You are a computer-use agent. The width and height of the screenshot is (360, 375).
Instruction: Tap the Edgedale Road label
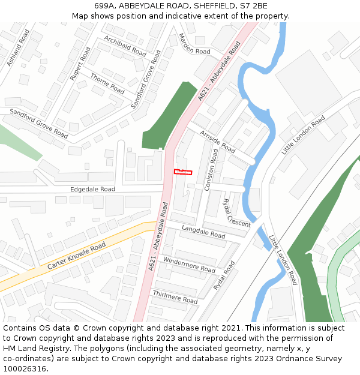click(x=92, y=189)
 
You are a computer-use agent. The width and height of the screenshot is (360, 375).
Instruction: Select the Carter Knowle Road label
click(x=77, y=255)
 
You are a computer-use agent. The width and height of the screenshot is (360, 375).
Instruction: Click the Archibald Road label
click(x=125, y=46)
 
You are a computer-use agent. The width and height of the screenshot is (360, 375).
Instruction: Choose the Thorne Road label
click(x=107, y=83)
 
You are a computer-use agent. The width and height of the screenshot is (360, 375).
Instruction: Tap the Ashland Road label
click(x=18, y=47)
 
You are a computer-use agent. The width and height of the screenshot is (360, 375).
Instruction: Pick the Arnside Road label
click(x=217, y=141)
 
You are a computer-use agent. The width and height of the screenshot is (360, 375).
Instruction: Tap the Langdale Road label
click(x=203, y=232)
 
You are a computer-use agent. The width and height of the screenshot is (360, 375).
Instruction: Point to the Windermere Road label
click(x=189, y=265)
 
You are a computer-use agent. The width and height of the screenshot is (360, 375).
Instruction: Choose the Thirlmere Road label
click(x=175, y=296)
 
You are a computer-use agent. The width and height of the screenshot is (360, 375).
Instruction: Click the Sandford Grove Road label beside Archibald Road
click(x=146, y=80)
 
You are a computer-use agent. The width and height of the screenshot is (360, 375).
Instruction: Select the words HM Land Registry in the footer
click(x=32, y=349)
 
